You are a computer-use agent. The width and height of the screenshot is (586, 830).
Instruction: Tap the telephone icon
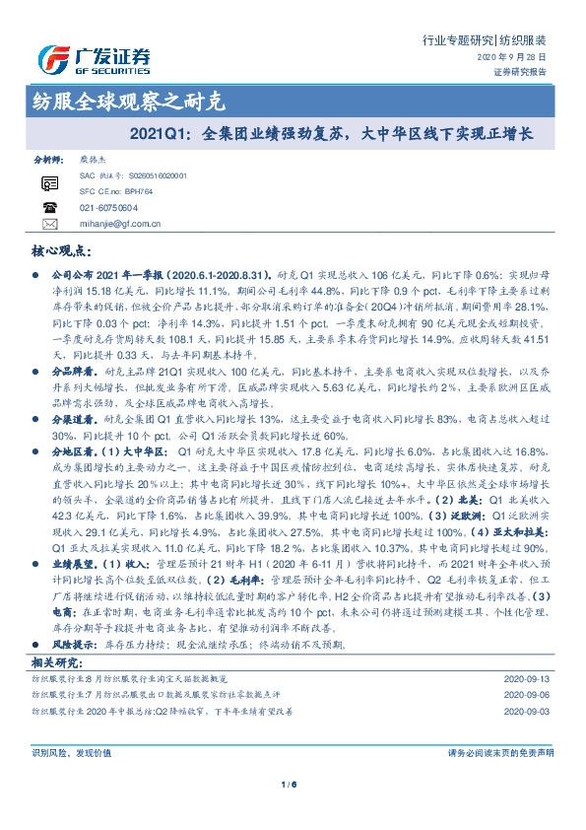pyautogui.click(x=50, y=207)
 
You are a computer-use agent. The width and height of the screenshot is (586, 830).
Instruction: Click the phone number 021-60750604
pyautogui.click(x=109, y=208)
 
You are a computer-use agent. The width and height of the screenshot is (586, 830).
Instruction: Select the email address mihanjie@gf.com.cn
pyautogui.click(x=119, y=224)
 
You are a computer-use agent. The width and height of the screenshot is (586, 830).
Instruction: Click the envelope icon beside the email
pyautogui.click(x=50, y=224)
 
